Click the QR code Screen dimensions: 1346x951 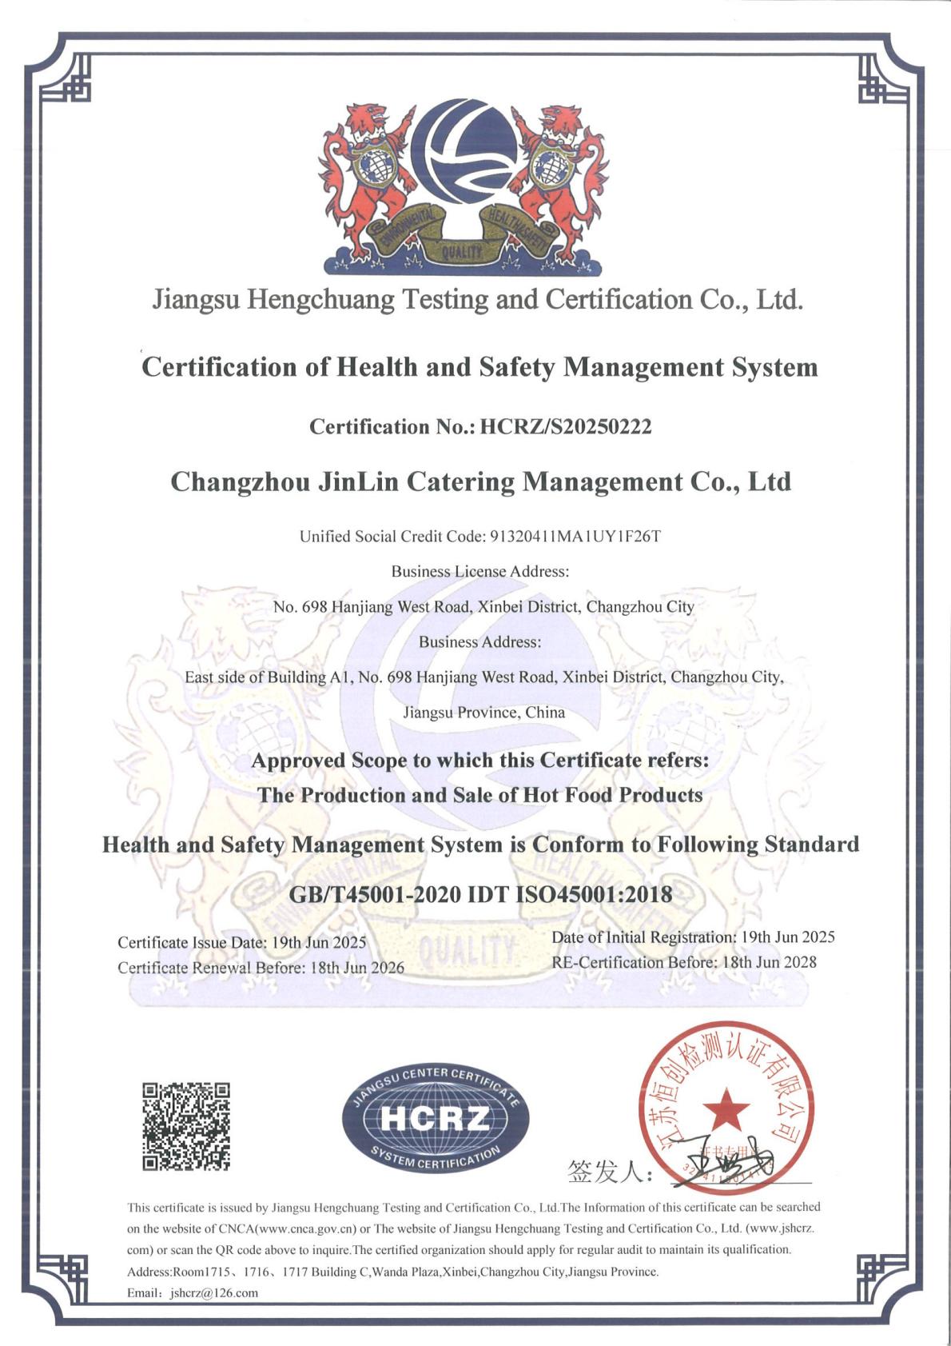[186, 1126]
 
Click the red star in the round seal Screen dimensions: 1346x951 [726, 1109]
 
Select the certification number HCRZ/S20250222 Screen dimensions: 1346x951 [565, 427]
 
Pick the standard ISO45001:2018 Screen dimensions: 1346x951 [595, 894]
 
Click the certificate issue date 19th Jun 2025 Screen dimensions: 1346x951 [319, 942]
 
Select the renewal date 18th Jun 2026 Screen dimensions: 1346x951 [356, 968]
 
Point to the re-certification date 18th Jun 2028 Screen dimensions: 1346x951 [769, 962]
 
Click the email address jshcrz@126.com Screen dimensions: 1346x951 [214, 1293]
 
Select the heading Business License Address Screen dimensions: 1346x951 [479, 572]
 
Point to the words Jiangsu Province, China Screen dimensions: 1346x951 [483, 713]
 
